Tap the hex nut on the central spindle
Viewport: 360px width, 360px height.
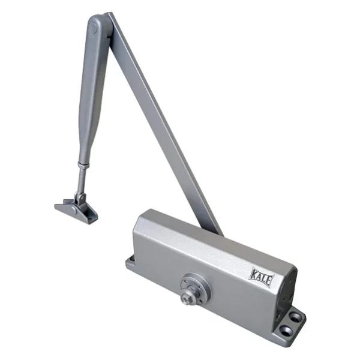coord(186,298)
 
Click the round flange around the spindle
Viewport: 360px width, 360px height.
coord(195,289)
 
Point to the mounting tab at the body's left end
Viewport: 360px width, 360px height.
coord(130,263)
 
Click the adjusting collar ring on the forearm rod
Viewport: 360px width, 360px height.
coord(83,164)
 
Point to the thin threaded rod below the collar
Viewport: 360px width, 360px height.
coord(81,180)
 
